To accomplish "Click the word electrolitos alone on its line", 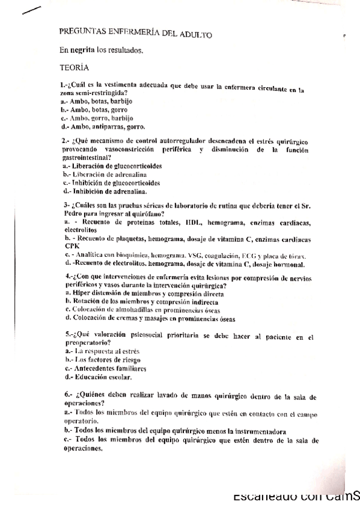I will click(79, 230).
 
